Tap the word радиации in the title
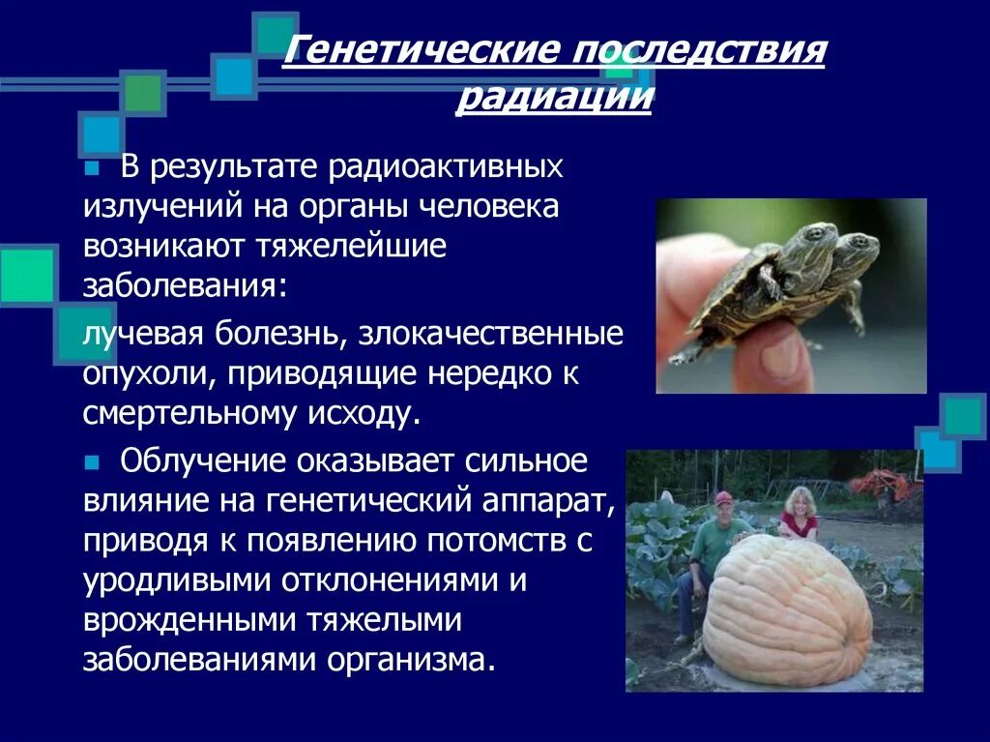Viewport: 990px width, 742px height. (x=553, y=98)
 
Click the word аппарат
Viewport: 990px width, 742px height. (x=545, y=501)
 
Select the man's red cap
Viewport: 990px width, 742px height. (x=723, y=497)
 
